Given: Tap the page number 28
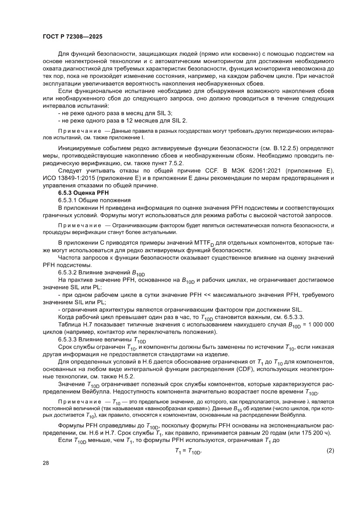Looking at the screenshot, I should [46, 463].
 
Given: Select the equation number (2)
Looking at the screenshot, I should [330, 451].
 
